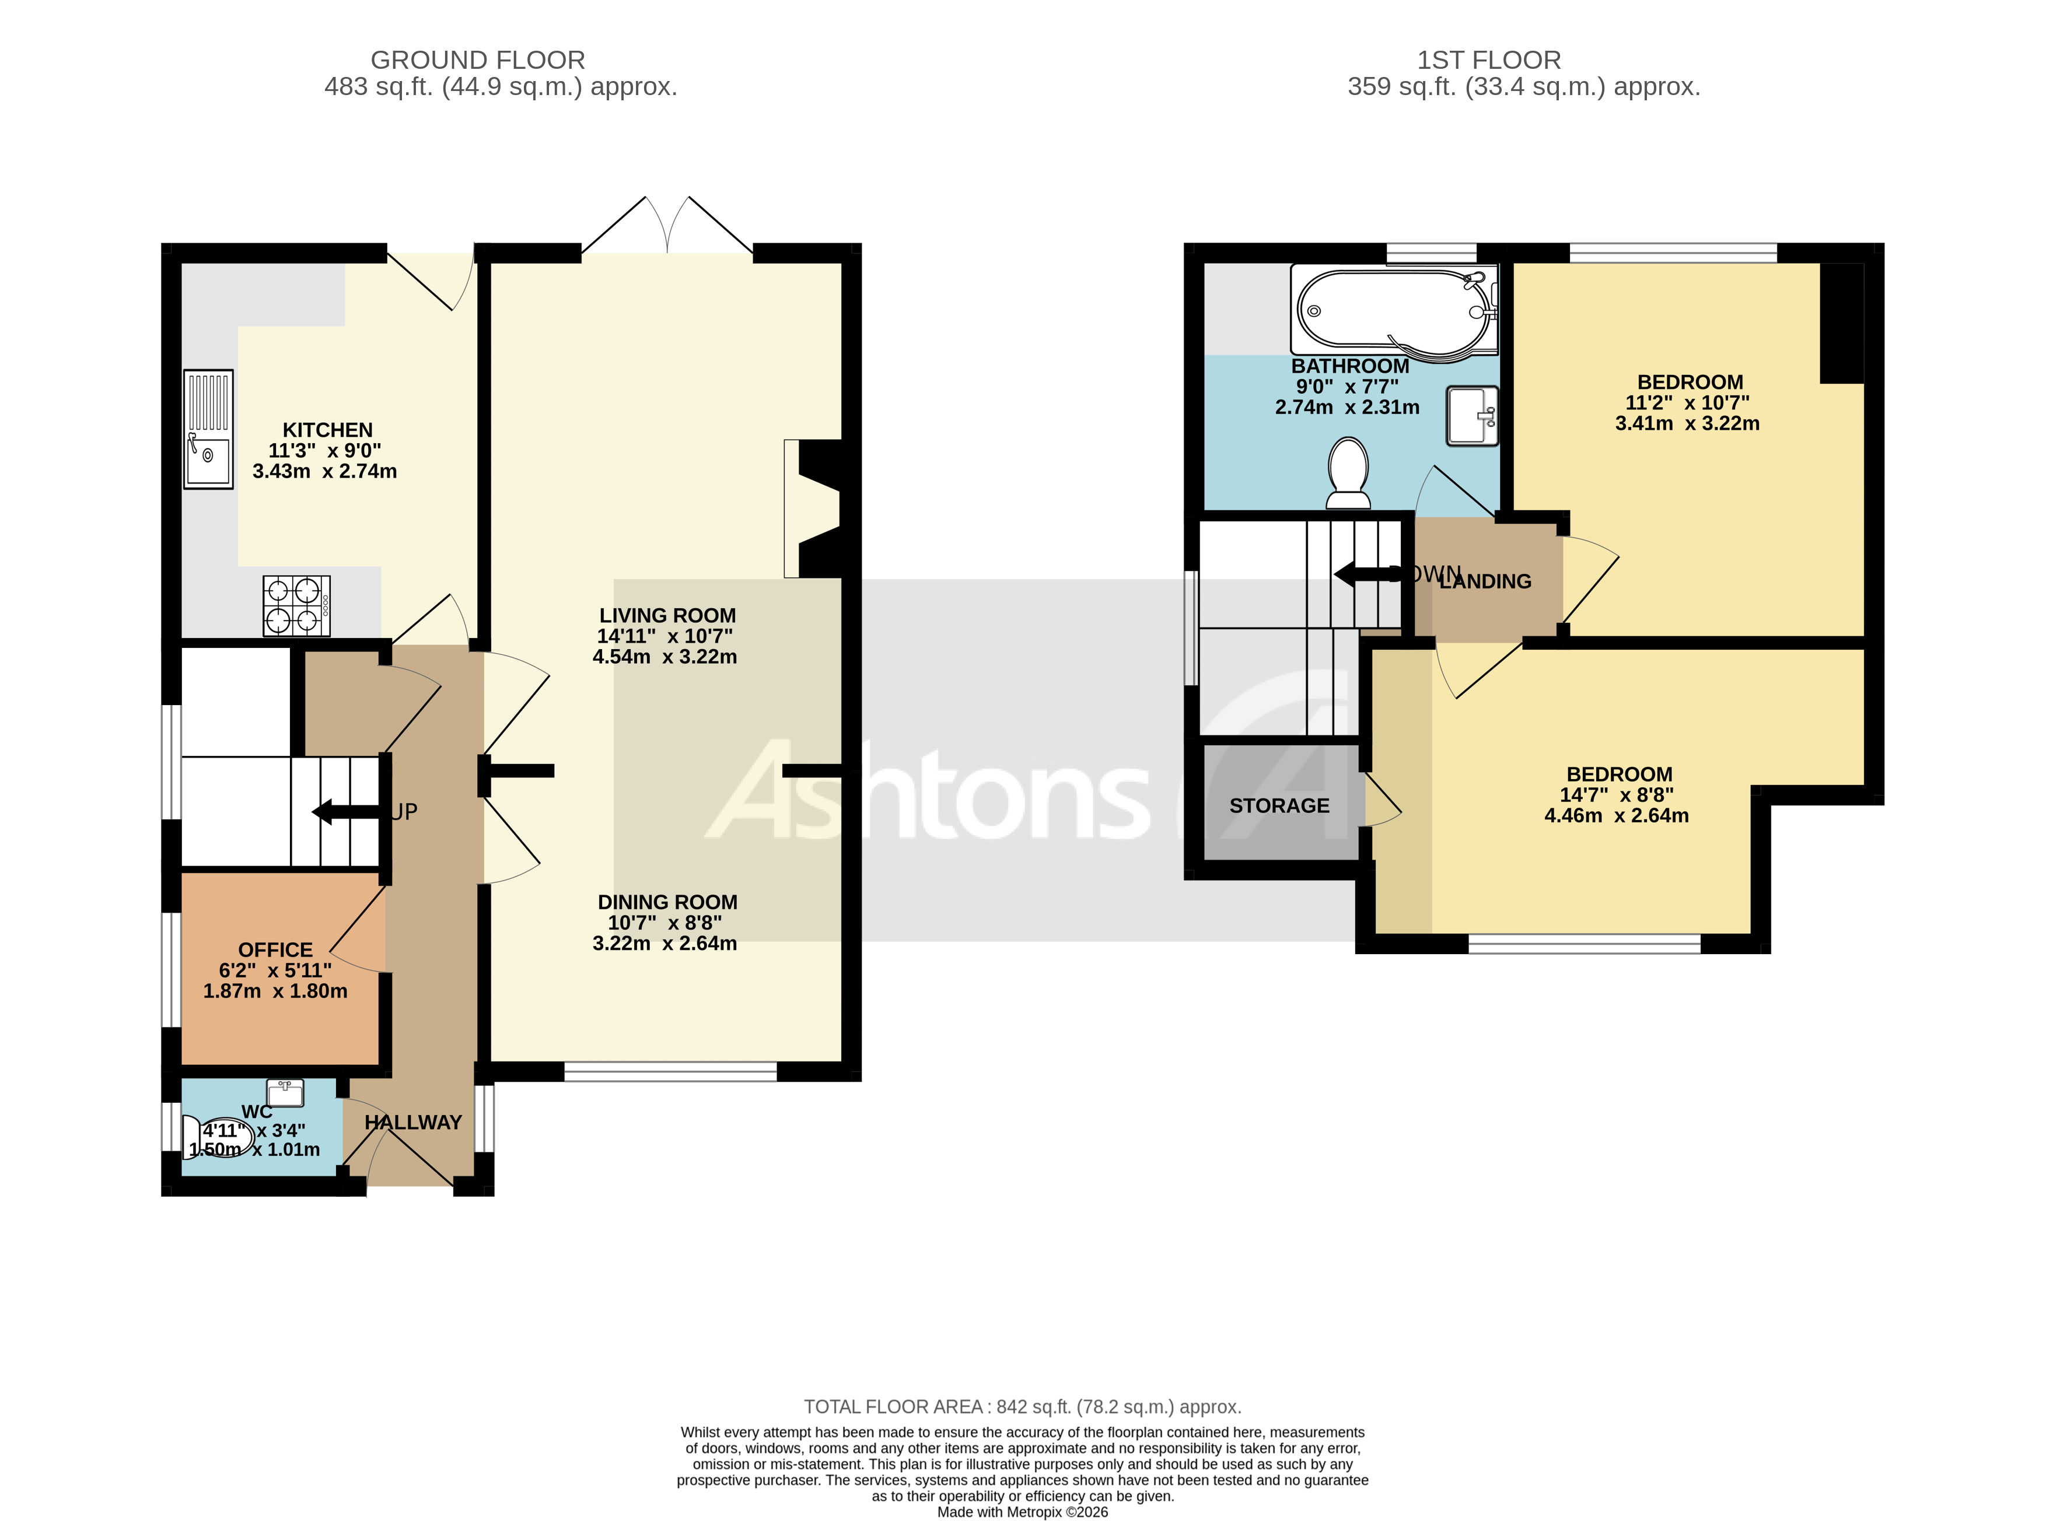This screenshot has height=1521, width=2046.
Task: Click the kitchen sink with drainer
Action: coord(208,429)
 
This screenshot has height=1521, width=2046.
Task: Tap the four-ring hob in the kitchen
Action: coord(296,606)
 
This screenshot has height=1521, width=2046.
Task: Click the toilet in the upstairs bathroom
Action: coord(1348,473)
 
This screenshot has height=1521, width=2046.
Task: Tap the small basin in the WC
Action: coord(285,1093)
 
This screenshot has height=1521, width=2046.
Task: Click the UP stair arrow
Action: coord(348,812)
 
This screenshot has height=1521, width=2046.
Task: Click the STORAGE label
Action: coord(1279,805)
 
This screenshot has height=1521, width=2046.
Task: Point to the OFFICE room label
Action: coord(275,949)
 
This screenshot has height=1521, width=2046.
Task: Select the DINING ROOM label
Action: coord(667,902)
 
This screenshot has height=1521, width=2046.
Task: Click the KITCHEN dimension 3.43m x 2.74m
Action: coord(324,471)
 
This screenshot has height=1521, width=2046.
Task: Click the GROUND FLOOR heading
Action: coord(477,60)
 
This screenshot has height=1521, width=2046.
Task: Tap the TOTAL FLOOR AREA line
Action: coord(1022,1407)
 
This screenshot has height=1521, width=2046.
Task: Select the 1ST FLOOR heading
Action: coord(1488,60)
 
